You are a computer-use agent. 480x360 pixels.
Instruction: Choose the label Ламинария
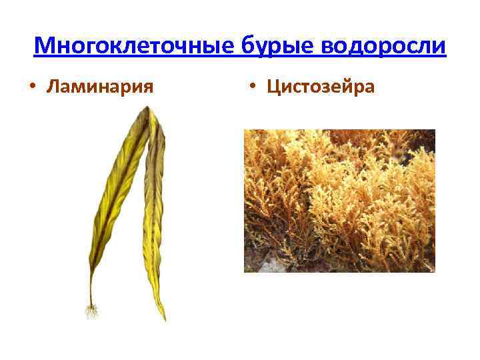pos(101,87)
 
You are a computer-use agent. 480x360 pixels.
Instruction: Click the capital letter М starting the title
pos(43,46)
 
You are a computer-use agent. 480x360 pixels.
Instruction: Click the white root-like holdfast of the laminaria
pos(92,311)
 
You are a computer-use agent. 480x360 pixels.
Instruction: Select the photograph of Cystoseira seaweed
pos(339,200)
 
